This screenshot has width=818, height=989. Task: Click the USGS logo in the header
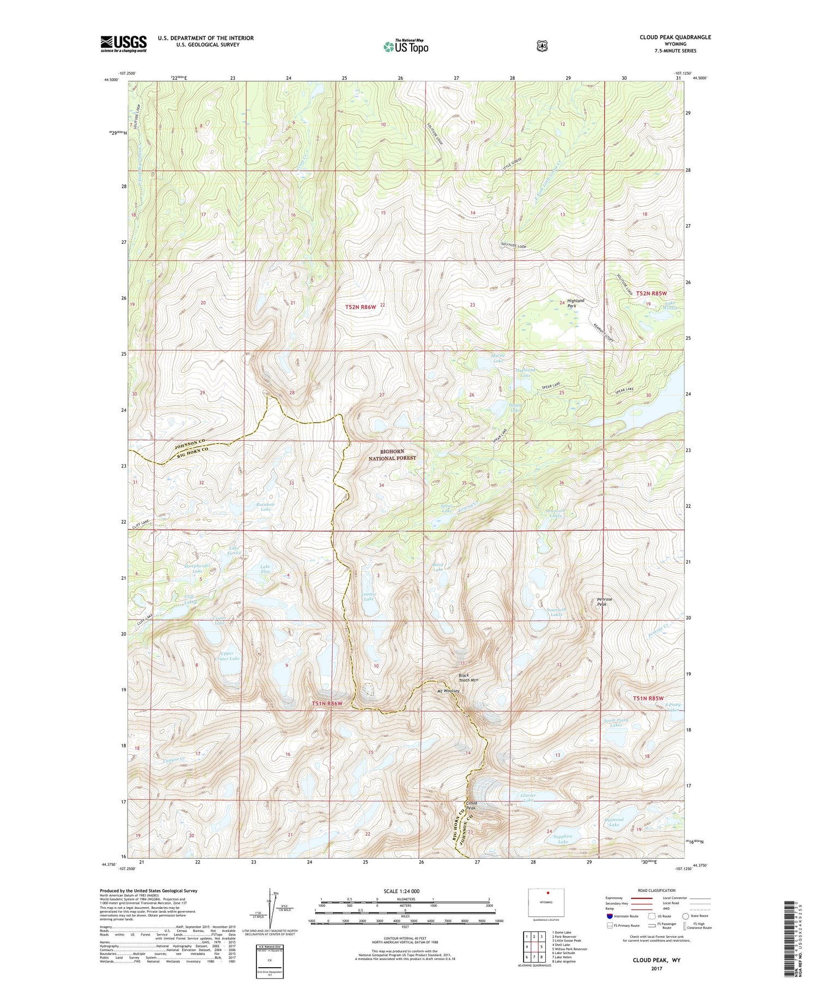123,44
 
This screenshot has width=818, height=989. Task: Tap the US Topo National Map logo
406,46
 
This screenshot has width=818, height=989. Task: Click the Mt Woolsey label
449,691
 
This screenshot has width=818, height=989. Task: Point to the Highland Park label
575,303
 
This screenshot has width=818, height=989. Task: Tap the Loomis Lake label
369,596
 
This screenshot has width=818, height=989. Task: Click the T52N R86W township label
360,307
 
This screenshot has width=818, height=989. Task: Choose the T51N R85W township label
648,698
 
